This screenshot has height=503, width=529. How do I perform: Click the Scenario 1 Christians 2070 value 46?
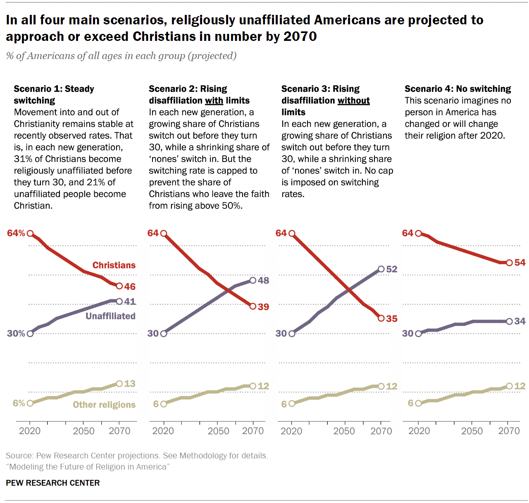pyautogui.click(x=130, y=287)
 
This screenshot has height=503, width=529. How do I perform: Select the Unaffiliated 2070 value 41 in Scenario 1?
pyautogui.click(x=130, y=301)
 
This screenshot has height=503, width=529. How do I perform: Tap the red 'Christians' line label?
pyautogui.click(x=114, y=265)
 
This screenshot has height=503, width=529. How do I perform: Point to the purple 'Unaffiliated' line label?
pyautogui.click(x=110, y=316)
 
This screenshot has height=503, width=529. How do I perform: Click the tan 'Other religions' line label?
pyautogui.click(x=104, y=405)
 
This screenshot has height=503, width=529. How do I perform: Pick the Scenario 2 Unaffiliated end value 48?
pyautogui.click(x=263, y=280)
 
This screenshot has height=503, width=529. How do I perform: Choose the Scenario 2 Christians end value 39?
pyautogui.click(x=263, y=307)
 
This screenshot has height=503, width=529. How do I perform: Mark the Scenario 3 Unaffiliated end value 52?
pyautogui.click(x=391, y=269)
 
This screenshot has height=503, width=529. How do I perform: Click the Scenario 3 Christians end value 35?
pyautogui.click(x=391, y=318)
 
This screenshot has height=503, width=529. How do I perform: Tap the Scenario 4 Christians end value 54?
pyautogui.click(x=520, y=263)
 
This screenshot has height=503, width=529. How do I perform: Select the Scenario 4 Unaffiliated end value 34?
pyautogui.click(x=520, y=321)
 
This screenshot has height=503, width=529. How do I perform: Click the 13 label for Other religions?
pyautogui.click(x=130, y=384)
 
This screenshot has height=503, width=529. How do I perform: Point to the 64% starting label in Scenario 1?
pyautogui.click(x=16, y=233)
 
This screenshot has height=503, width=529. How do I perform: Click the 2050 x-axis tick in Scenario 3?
pyautogui.click(x=344, y=431)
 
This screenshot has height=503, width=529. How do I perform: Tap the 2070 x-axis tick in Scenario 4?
pyautogui.click(x=509, y=431)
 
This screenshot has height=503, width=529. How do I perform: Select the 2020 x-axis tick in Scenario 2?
pyautogui.click(x=163, y=431)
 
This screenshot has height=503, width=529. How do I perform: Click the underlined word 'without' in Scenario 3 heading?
pyautogui.click(x=353, y=101)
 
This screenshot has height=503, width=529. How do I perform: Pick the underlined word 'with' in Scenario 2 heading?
pyautogui.click(x=214, y=101)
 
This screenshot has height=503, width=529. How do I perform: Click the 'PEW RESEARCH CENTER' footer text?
pyautogui.click(x=53, y=483)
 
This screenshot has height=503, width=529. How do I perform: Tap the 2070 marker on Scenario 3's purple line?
pyautogui.click(x=381, y=269)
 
